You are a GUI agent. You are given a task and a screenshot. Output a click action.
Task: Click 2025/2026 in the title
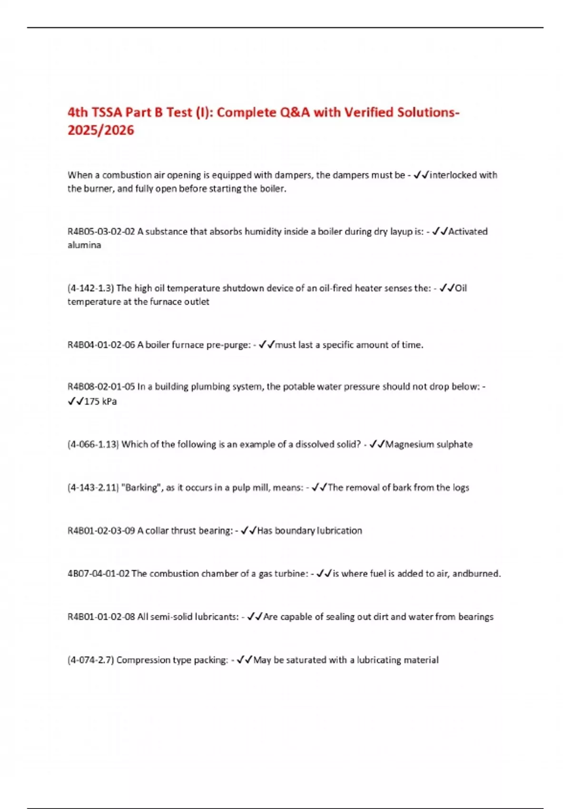(x=101, y=130)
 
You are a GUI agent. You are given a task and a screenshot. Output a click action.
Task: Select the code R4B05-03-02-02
(x=101, y=232)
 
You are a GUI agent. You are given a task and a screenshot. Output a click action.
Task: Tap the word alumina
(x=84, y=245)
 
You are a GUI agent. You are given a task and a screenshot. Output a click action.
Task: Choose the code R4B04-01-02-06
(x=101, y=345)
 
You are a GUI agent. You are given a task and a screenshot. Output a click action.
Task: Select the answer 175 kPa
(x=100, y=402)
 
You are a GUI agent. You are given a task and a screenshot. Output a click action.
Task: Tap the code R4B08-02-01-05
(x=101, y=387)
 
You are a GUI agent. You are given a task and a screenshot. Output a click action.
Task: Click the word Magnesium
(x=409, y=444)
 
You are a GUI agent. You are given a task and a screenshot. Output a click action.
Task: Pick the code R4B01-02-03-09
(x=101, y=531)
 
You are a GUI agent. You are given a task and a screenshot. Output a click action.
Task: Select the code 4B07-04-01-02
(x=98, y=574)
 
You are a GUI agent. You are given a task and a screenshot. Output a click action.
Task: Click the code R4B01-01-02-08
(x=101, y=617)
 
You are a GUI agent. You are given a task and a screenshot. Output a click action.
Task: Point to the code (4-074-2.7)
(x=90, y=660)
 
